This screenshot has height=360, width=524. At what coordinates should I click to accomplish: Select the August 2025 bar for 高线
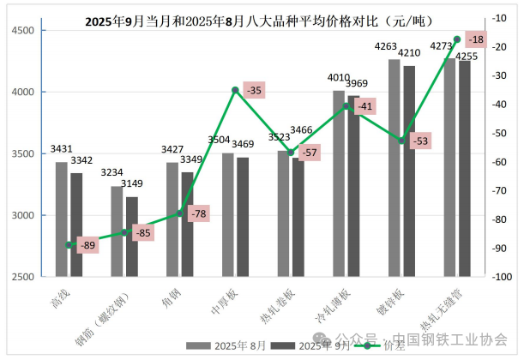point(61,219)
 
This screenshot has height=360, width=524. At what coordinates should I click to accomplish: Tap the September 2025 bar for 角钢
point(187,224)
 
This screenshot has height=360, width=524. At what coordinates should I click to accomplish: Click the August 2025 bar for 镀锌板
point(394,167)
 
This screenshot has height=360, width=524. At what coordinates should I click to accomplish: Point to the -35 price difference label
point(253,89)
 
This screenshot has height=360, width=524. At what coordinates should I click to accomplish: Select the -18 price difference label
point(476,39)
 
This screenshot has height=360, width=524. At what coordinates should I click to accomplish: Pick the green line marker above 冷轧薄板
point(346,106)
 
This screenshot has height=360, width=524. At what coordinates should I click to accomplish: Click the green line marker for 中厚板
point(235,89)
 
